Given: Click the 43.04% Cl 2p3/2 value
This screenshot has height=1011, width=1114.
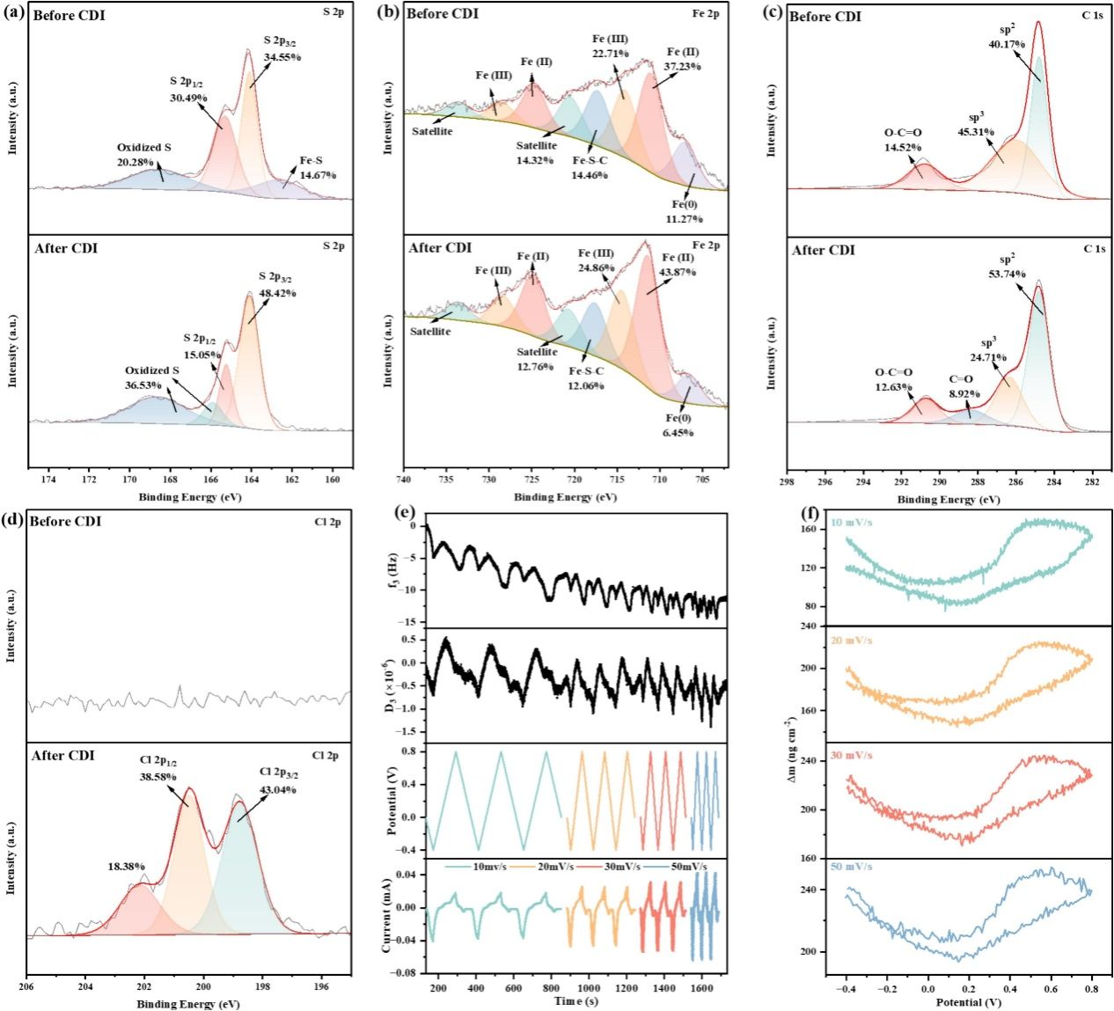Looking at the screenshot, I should (x=278, y=789).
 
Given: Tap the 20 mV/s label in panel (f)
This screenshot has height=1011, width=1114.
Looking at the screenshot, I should (x=852, y=640).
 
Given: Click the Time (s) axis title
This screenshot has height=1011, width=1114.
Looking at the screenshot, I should (x=576, y=1001).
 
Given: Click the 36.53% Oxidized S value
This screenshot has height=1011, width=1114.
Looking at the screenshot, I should (x=145, y=385).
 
